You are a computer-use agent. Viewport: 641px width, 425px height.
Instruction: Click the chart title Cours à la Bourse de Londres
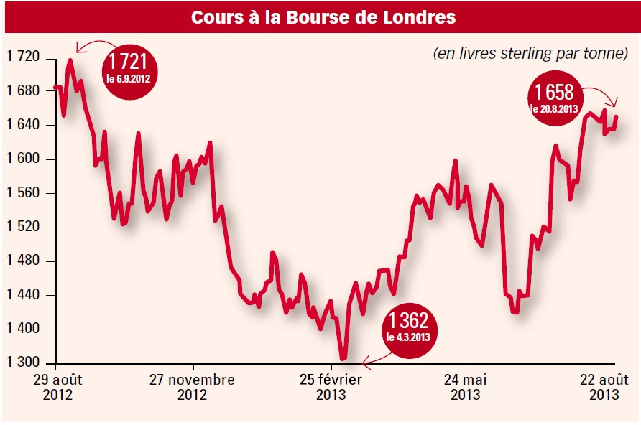(323, 17)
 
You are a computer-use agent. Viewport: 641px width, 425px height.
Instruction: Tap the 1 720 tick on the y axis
(24, 57)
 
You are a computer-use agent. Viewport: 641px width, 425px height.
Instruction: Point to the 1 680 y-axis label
(24, 91)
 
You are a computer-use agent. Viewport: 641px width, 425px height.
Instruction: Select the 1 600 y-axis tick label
(24, 159)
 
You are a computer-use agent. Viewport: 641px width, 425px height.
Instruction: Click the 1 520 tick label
(24, 228)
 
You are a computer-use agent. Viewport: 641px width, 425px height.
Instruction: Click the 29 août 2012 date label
(58, 387)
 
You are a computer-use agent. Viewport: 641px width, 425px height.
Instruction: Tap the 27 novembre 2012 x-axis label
(192, 387)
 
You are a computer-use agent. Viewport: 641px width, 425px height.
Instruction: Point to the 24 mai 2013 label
(466, 387)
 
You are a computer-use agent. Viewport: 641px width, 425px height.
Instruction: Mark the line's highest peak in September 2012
(70, 60)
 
